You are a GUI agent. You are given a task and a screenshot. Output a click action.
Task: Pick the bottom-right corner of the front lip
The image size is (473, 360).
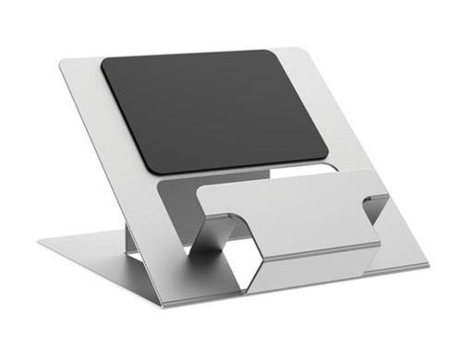tap(381, 247)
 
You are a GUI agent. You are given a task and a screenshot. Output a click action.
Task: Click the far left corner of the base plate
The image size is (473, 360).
tap(40, 243)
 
